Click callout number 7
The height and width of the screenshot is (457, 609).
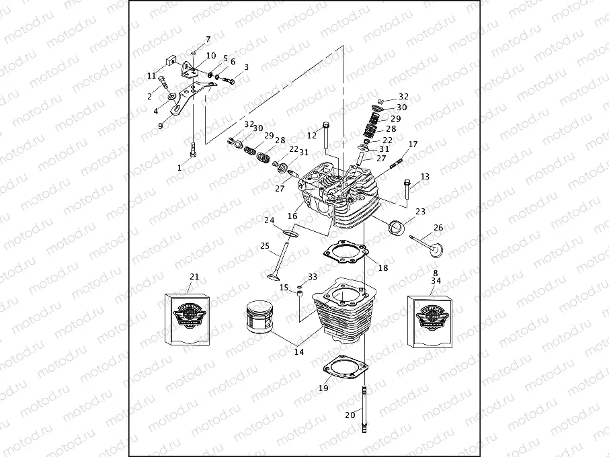208,40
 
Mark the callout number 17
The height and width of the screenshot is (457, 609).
413,144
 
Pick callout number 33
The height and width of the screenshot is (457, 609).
313,277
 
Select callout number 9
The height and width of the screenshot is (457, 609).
161,126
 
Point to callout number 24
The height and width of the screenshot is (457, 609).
269,220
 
